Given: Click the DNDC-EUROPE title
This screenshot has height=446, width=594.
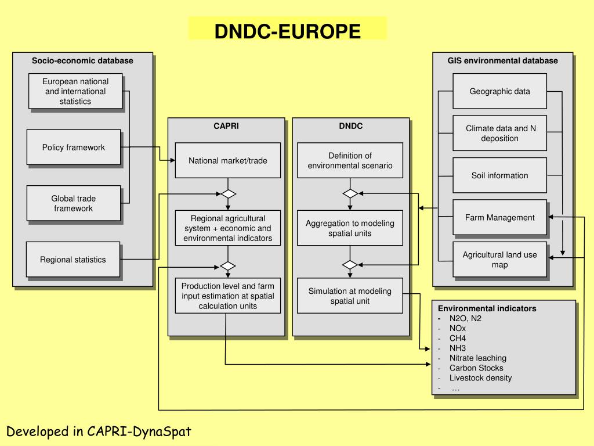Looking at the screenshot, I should pyautogui.click(x=287, y=31).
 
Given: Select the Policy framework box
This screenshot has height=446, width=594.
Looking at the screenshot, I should pyautogui.click(x=74, y=148).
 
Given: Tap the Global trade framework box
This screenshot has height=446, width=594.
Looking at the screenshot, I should pyautogui.click(x=74, y=203).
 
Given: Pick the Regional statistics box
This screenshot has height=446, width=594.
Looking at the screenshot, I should pyautogui.click(x=73, y=260).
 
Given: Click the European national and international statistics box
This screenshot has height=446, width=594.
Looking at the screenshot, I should pyautogui.click(x=75, y=91).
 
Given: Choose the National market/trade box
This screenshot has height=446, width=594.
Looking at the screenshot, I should pyautogui.click(x=228, y=160).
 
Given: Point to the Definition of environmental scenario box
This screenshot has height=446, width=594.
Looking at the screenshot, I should pyautogui.click(x=350, y=160).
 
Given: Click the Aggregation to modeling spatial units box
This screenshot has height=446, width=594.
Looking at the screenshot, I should pyautogui.click(x=350, y=228).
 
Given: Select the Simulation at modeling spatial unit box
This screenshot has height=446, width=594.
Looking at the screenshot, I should pyautogui.click(x=350, y=296).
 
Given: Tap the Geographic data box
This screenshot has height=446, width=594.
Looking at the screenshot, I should pyautogui.click(x=499, y=91).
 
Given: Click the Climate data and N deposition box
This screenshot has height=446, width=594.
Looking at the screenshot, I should pyautogui.click(x=499, y=134).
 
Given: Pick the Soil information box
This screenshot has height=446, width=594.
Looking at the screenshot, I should pyautogui.click(x=499, y=175).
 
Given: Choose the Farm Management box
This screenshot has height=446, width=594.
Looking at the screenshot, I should pyautogui.click(x=499, y=218).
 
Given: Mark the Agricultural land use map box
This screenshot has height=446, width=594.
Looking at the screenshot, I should pyautogui.click(x=499, y=260).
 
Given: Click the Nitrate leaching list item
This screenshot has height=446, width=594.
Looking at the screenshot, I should pyautogui.click(x=477, y=358).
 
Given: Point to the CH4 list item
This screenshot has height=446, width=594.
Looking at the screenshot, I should pyautogui.click(x=458, y=338).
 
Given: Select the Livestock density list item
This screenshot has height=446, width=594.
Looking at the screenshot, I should pyautogui.click(x=480, y=377).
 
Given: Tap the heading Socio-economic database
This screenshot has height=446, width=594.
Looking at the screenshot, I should pyautogui.click(x=82, y=60).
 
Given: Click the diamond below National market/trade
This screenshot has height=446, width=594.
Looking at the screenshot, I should pyautogui.click(x=228, y=193).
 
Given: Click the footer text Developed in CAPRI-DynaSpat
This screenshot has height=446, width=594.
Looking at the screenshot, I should pyautogui.click(x=99, y=431).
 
